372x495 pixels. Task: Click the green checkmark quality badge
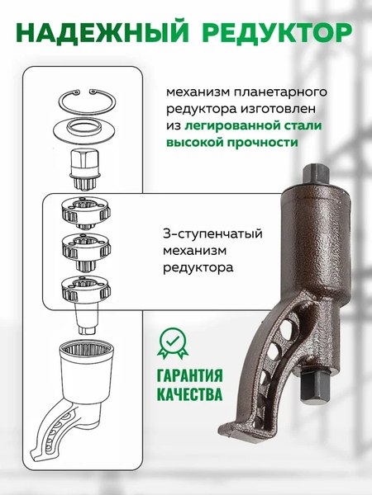[x=174, y=342]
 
